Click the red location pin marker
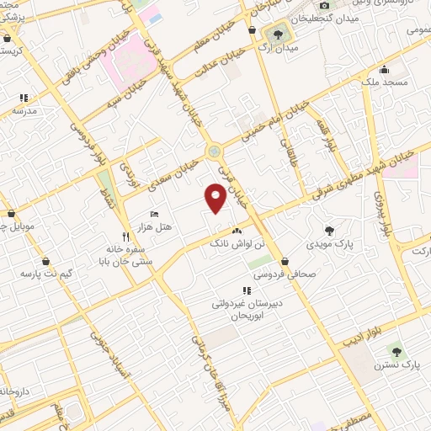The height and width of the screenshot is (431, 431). pos(216,199)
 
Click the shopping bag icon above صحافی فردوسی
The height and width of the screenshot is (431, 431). pos(286,261)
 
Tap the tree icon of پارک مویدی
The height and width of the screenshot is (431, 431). pos(329,229)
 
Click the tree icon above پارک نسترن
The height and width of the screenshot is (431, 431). pos(397,351)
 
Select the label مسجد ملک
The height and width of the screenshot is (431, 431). pos(385,83)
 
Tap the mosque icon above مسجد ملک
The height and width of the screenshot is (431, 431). pos(385,70)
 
